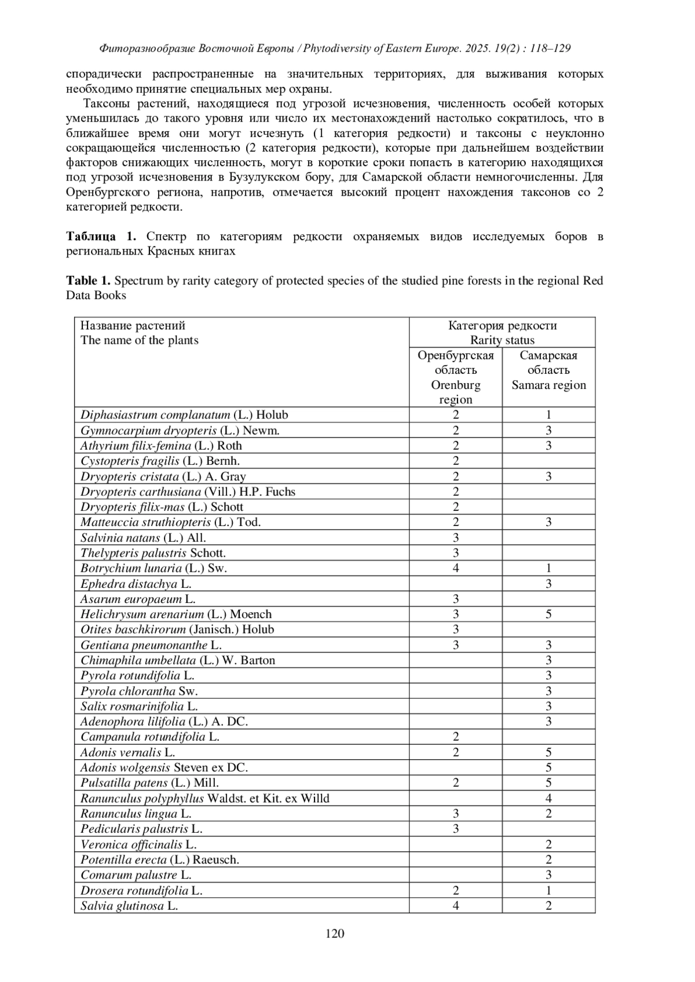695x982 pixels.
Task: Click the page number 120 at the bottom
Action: tap(335, 933)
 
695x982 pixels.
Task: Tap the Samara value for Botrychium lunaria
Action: tap(548, 568)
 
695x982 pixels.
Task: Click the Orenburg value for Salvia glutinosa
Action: tap(456, 906)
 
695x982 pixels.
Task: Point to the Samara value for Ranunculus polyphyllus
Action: tap(548, 799)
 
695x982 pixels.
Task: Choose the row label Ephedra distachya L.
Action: tap(136, 584)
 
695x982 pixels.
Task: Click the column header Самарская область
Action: tap(548, 363)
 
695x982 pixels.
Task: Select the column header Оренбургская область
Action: tap(456, 363)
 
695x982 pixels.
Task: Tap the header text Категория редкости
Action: tap(502, 326)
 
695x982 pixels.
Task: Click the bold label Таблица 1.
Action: tap(101, 236)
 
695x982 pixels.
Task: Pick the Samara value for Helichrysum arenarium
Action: tap(548, 615)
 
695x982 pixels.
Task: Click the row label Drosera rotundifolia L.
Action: tap(141, 891)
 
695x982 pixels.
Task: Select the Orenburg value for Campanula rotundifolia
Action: tap(456, 737)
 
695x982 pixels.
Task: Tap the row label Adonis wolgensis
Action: tap(164, 768)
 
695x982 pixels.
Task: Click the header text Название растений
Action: tap(133, 326)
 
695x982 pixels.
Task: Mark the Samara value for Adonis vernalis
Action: tap(548, 753)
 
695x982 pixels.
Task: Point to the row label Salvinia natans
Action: tap(143, 538)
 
